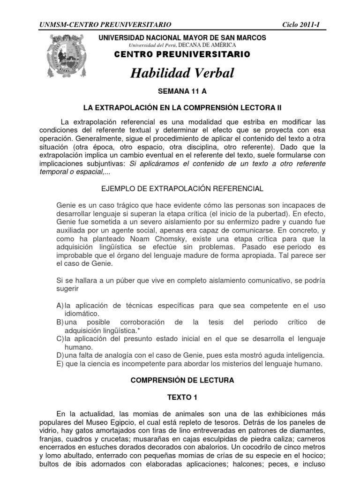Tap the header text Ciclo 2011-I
point(305,24)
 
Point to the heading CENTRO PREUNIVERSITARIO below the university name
point(182,55)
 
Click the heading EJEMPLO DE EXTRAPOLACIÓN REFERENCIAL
point(182,188)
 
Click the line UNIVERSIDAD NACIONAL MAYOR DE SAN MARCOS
point(182,37)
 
